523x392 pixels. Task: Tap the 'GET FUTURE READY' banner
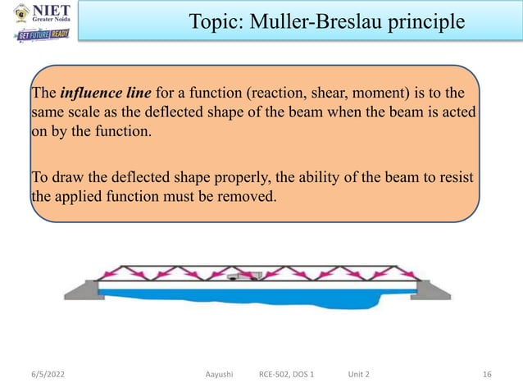click(42, 35)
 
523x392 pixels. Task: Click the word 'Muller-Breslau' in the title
click(320, 21)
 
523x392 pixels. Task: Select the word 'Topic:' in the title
click(216, 21)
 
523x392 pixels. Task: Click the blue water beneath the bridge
click(246, 296)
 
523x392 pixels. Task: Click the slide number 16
click(487, 374)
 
